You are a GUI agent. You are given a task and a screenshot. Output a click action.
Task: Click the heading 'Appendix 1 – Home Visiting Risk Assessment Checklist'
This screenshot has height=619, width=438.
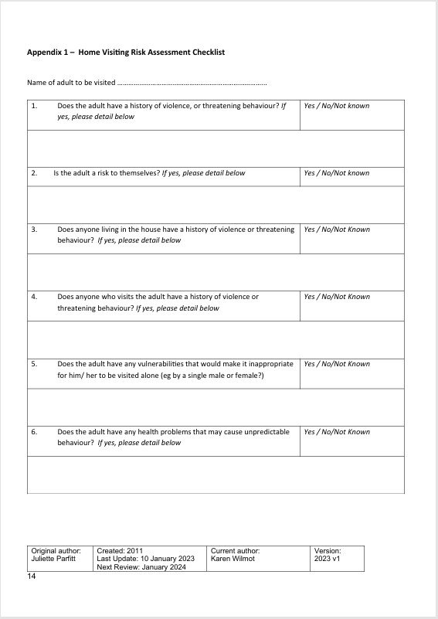pyautogui.click(x=126, y=53)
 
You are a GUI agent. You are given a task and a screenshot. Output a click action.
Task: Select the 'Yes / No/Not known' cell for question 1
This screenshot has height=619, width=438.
pyautogui.click(x=337, y=106)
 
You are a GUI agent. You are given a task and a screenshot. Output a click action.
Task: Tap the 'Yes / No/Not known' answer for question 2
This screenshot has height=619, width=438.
pyautogui.click(x=337, y=173)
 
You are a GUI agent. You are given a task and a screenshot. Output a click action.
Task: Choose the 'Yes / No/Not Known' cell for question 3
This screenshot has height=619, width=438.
pyautogui.click(x=337, y=230)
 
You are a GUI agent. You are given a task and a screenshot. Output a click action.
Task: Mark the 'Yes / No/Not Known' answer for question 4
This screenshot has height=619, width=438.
pyautogui.click(x=337, y=297)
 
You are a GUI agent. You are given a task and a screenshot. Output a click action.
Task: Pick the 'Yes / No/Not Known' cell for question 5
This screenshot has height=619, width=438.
pyautogui.click(x=337, y=364)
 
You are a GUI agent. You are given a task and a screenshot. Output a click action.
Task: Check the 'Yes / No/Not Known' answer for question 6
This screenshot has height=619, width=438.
pyautogui.click(x=337, y=432)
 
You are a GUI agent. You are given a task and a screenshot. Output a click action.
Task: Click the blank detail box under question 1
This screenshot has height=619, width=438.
pyautogui.click(x=216, y=148)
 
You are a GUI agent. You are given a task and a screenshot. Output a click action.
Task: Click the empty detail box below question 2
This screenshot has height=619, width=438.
pyautogui.click(x=216, y=205)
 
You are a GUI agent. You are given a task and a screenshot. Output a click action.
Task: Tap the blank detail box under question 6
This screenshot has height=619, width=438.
pyautogui.click(x=216, y=474)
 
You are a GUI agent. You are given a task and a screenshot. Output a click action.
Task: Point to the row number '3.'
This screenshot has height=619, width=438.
pyautogui.click(x=34, y=230)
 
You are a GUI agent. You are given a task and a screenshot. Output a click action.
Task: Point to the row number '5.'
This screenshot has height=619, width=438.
pyautogui.click(x=34, y=364)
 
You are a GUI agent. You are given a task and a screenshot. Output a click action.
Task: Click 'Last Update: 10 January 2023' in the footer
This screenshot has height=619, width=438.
pyautogui.click(x=145, y=558)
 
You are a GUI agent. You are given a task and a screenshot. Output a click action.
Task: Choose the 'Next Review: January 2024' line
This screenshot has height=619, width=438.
pyautogui.click(x=141, y=566)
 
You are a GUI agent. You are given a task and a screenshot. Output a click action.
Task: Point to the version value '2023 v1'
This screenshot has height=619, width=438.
pyautogui.click(x=327, y=558)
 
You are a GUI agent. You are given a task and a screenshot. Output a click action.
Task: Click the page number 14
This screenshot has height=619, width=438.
pyautogui.click(x=32, y=576)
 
